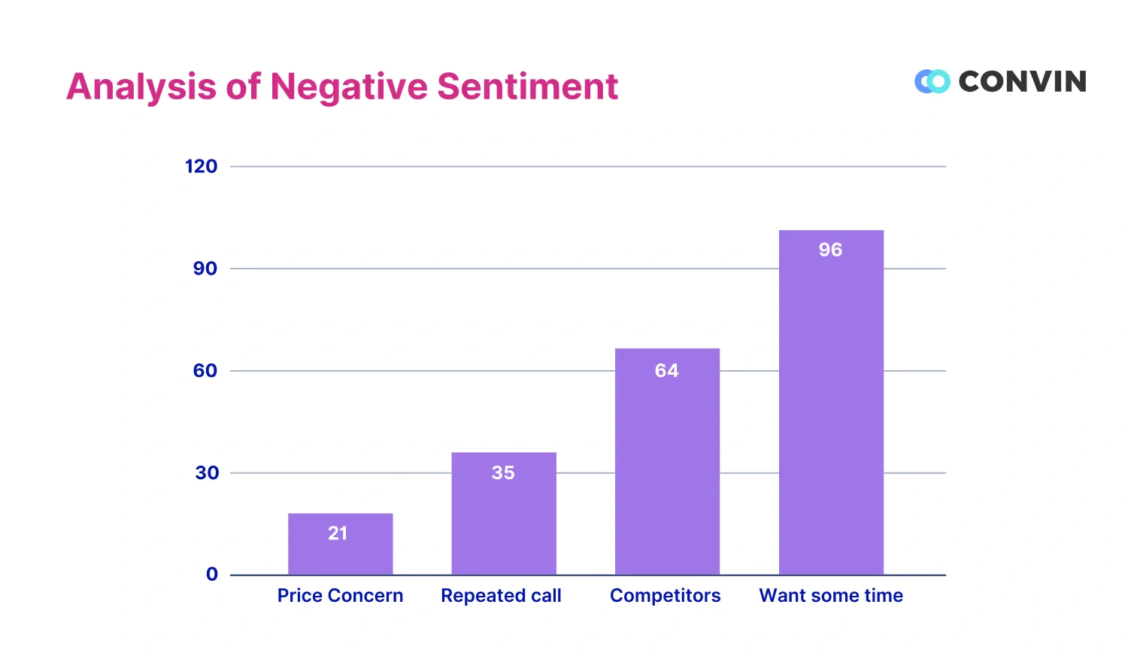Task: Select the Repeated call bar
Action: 504,519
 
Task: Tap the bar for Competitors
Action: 667,466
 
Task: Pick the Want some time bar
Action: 831,406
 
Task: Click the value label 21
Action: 338,533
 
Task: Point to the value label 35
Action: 503,472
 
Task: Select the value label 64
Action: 666,370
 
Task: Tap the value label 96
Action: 830,250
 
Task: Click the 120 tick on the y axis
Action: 201,166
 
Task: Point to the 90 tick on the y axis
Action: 205,269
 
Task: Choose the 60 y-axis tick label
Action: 205,370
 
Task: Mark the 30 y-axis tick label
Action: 207,472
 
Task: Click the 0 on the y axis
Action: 212,574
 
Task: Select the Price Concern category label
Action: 340,595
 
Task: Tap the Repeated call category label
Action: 501,595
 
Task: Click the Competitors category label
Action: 665,595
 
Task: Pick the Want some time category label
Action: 831,595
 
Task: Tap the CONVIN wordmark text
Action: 1022,81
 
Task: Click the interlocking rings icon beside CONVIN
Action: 932,81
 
